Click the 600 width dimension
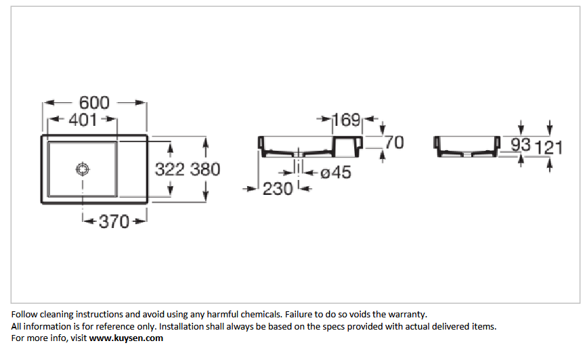(x=94, y=103)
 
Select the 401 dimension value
(x=83, y=120)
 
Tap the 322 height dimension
(x=170, y=169)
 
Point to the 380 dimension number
(x=205, y=169)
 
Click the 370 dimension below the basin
(x=114, y=221)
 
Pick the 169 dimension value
(x=346, y=120)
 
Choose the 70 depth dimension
(x=394, y=143)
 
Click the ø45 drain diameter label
(x=336, y=173)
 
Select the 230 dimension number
(x=278, y=189)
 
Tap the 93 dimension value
(x=521, y=145)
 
